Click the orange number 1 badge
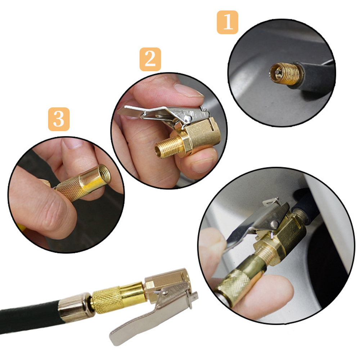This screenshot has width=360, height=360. coord(227,22)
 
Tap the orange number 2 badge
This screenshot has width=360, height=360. coord(150,59)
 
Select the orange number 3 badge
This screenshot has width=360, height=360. coord(59,119)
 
